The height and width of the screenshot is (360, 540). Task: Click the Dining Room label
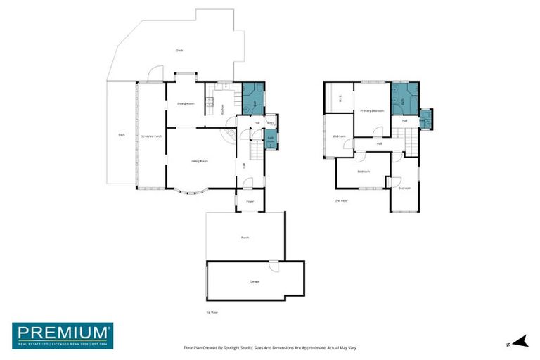[x=186, y=103]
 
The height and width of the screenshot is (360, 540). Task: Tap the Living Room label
[x=200, y=161]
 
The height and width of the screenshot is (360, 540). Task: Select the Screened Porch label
[x=151, y=136]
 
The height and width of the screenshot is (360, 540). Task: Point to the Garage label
[x=254, y=281]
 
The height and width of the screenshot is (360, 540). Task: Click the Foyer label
[x=250, y=201]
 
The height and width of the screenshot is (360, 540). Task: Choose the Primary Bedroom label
[x=372, y=110]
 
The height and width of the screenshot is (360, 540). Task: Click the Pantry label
[x=270, y=122]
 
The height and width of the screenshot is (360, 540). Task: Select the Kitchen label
[x=223, y=109]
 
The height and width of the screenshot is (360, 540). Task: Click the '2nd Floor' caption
[x=342, y=200]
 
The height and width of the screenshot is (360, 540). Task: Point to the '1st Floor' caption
[x=212, y=312]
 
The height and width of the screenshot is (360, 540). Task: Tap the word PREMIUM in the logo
[x=62, y=332]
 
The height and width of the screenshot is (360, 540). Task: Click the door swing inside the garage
[x=274, y=267]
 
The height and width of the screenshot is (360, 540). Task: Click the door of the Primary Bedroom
[x=378, y=131]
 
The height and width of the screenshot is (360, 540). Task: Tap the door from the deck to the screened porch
[x=155, y=73]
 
